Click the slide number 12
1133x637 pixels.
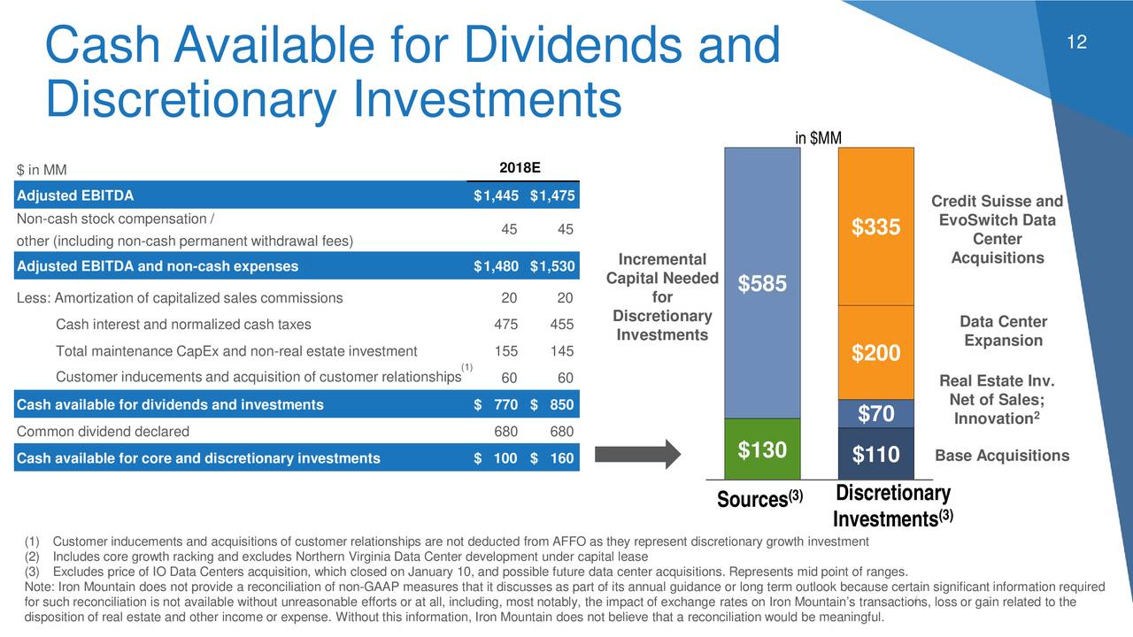tap(1076, 43)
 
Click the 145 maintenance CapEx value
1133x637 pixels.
tap(559, 350)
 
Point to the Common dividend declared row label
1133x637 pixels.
tap(103, 432)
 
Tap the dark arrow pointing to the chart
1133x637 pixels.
tap(636, 453)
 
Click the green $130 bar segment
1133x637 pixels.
tap(762, 449)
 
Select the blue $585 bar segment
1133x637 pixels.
tap(762, 283)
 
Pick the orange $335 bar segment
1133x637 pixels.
tap(875, 227)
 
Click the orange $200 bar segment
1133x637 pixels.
tap(875, 352)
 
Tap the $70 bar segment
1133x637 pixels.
tap(875, 414)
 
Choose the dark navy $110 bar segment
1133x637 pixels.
tap(875, 454)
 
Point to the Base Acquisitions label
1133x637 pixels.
tap(1001, 456)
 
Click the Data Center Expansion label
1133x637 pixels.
tap(1003, 331)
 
